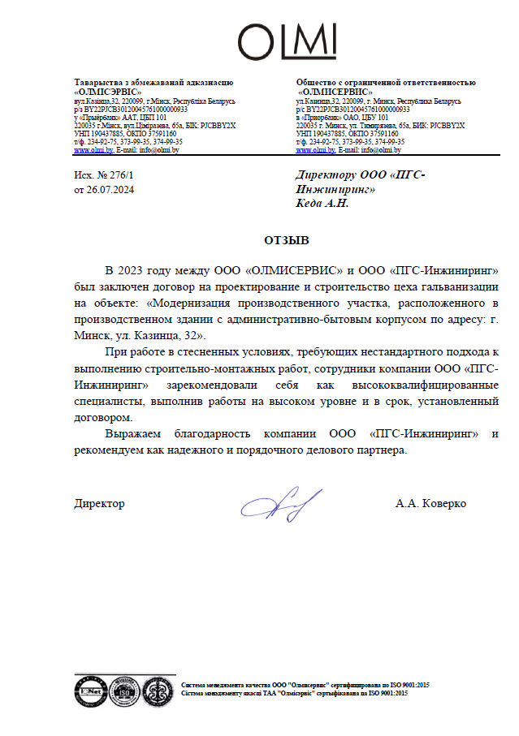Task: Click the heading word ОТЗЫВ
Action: coord(287,241)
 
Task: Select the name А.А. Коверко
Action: coord(430,504)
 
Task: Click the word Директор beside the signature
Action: coord(99,504)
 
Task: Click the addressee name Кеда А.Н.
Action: coord(322,203)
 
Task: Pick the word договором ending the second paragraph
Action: coord(102,417)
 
